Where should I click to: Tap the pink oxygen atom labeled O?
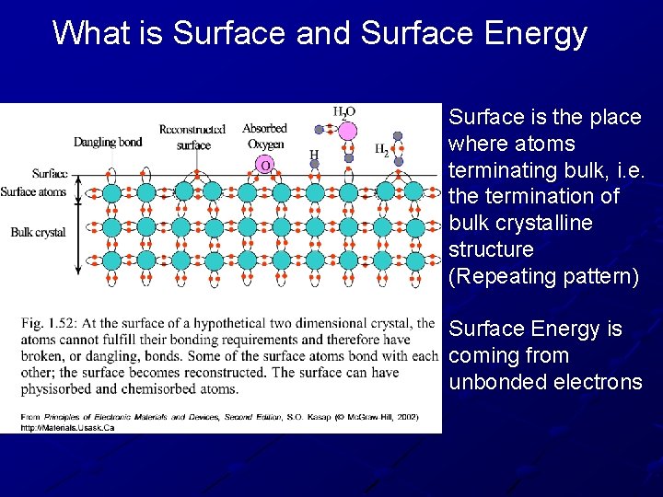pyautogui.click(x=265, y=165)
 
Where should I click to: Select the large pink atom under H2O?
pyautogui.click(x=347, y=131)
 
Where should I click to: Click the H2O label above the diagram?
pyautogui.click(x=343, y=111)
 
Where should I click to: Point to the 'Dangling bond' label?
pyautogui.click(x=108, y=142)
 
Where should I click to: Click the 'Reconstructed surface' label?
pyautogui.click(x=192, y=137)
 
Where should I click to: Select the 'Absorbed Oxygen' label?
pyautogui.click(x=264, y=135)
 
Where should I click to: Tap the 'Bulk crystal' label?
pyautogui.click(x=38, y=233)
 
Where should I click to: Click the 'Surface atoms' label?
pyautogui.click(x=33, y=191)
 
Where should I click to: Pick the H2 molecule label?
pyautogui.click(x=380, y=148)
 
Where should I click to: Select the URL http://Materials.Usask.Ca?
pyautogui.click(x=67, y=428)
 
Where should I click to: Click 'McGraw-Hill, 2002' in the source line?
pyautogui.click(x=375, y=417)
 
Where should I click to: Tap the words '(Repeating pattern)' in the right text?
pyautogui.click(x=542, y=276)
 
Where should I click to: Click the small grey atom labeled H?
pyautogui.click(x=315, y=165)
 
